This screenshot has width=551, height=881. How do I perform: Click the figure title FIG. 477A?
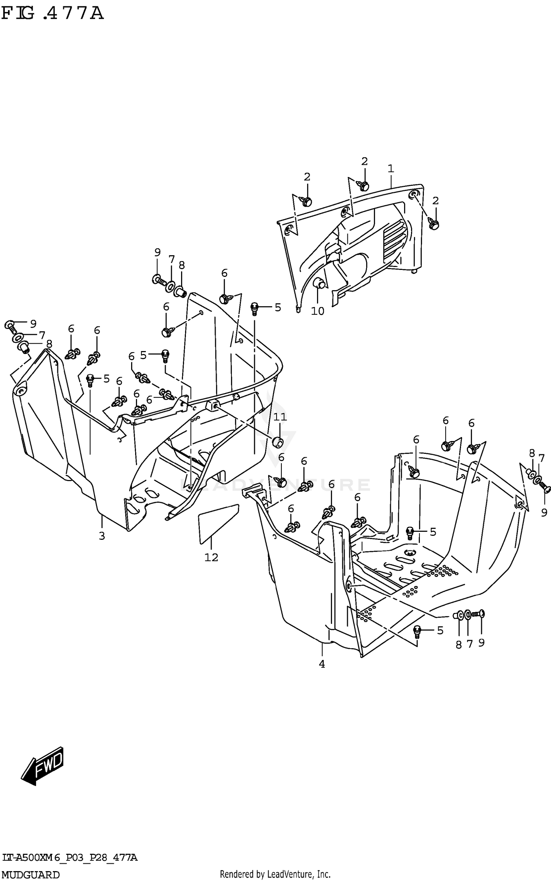53,14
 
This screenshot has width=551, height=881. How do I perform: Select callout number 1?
390,169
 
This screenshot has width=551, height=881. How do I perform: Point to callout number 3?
102,536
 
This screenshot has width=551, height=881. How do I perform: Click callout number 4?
322,664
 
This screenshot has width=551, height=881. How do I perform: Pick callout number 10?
317,311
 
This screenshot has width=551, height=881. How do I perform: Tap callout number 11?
280,417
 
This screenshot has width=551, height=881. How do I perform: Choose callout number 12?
211,557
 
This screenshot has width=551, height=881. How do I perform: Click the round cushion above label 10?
318,284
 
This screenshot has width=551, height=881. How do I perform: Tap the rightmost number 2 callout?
435,201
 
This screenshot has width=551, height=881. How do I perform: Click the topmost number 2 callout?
364,161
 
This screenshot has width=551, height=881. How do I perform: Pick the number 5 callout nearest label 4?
440,631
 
